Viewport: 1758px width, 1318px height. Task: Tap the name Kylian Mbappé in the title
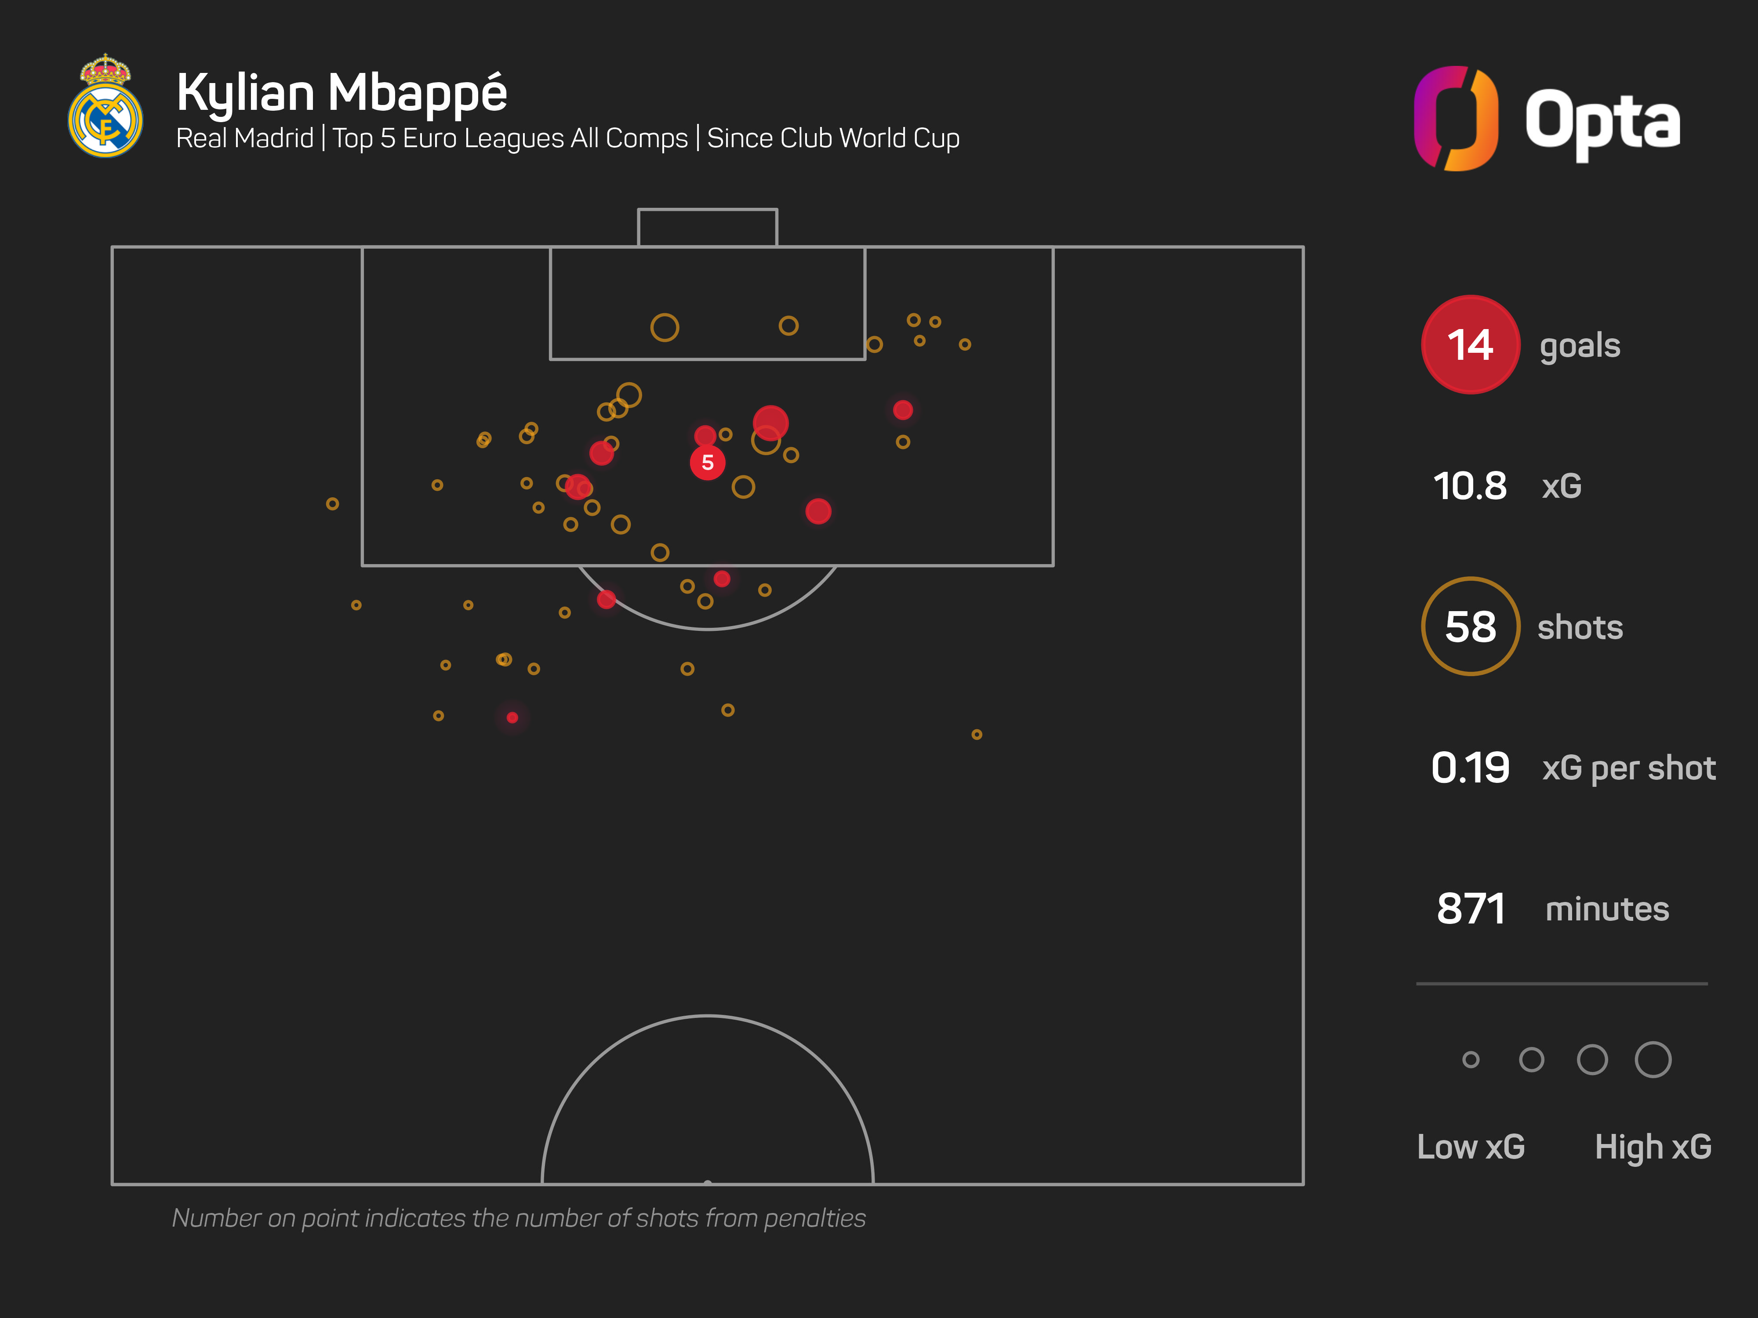tap(342, 93)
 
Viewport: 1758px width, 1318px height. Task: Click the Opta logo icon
tap(1456, 118)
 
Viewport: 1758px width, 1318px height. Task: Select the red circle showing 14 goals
tap(1470, 345)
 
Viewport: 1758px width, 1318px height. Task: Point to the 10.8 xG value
tap(1470, 485)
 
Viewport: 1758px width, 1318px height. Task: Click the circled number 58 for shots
tap(1470, 627)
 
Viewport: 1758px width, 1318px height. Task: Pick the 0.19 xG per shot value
tap(1470, 768)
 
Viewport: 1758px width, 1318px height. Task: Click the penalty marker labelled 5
tap(707, 462)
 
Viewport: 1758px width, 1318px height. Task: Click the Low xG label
tap(1470, 1146)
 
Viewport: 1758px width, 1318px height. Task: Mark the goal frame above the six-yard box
tap(707, 227)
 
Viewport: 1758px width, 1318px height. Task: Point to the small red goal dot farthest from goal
tap(512, 717)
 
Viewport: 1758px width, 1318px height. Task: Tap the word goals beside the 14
tap(1579, 346)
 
